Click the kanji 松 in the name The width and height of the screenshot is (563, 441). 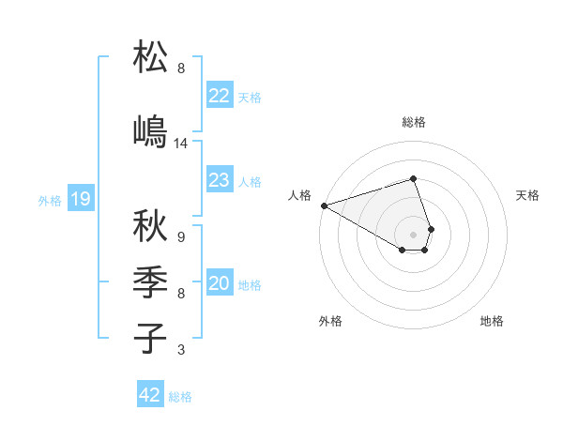click(150, 58)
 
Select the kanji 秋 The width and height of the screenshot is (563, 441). click(150, 226)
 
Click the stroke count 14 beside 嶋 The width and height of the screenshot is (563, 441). click(181, 144)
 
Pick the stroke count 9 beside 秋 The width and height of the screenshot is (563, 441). click(181, 237)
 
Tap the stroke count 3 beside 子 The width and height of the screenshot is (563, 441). click(181, 350)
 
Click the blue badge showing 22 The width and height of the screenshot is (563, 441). click(219, 96)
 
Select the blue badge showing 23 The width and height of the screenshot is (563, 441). click(219, 180)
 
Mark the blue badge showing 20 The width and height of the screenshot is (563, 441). click(219, 283)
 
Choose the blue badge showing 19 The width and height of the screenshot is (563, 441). click(80, 199)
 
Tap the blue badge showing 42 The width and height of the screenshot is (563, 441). click(150, 395)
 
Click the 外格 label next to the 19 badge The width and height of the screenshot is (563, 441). click(50, 200)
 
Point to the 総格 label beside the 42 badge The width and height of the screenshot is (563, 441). click(180, 397)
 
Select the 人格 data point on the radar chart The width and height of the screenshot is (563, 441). click(324, 205)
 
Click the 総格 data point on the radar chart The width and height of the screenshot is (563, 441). click(413, 178)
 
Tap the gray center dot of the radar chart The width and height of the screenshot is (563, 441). click(413, 235)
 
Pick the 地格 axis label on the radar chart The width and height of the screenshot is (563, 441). click(492, 321)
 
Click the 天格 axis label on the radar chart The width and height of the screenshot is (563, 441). click(527, 195)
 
